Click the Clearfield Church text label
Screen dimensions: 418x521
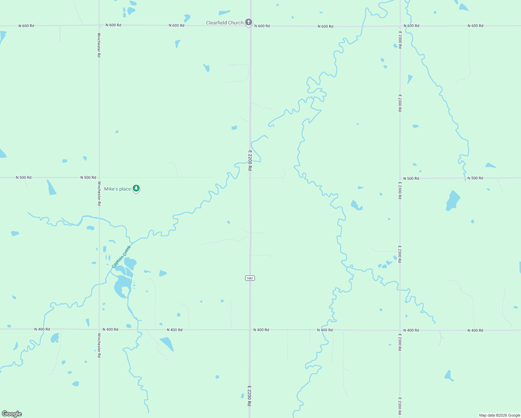225,23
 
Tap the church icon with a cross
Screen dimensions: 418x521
248,23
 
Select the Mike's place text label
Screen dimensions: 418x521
117,189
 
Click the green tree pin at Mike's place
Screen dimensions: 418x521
136,188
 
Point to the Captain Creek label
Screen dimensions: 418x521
121,257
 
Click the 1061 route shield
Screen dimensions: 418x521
250,278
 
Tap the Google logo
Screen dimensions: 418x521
12,414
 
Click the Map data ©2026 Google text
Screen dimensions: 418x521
499,415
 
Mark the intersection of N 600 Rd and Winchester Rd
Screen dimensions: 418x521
99,25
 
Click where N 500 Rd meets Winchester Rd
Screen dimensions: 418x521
99,178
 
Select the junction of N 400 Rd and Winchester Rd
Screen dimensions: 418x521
99,329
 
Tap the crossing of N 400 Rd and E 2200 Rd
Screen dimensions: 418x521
250,330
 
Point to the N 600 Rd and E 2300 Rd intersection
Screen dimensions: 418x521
400,26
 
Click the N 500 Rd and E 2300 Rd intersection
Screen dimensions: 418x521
400,178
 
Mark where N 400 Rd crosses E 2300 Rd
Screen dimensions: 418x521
400,330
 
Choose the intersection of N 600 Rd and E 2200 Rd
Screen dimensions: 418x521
250,26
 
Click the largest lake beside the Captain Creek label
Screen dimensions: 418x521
122,286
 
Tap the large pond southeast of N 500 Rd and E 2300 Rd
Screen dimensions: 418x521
453,200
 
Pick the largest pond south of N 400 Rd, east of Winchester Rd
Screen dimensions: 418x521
167,343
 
